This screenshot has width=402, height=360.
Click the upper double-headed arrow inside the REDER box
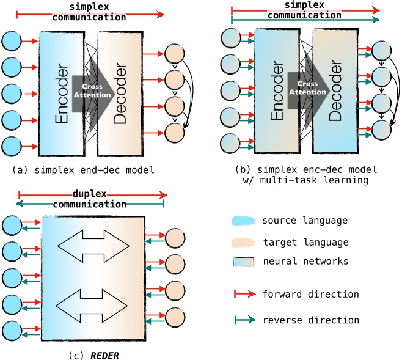(x=93, y=246)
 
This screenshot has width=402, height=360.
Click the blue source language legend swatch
(x=243, y=221)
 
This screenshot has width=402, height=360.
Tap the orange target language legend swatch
(x=243, y=241)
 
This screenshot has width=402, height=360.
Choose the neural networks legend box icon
(x=243, y=262)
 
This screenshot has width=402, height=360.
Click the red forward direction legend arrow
(x=243, y=294)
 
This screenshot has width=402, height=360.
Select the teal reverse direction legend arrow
(x=243, y=320)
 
